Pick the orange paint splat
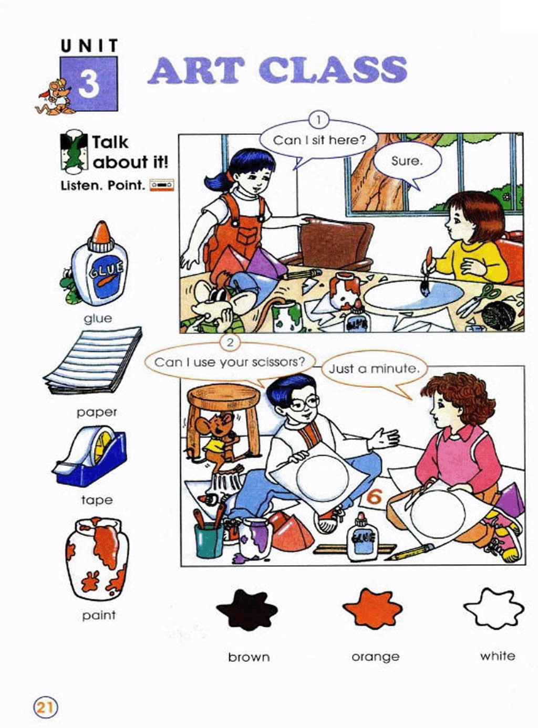pos(373,608)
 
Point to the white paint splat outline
pos(494,608)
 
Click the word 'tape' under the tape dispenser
pos(97,500)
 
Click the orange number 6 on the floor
pos(374,497)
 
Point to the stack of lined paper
pos(92,360)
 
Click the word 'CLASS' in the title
pos(333,70)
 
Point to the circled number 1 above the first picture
pos(318,120)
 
